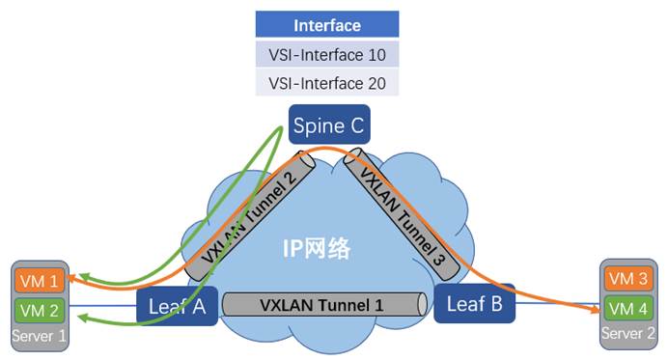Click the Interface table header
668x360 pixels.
326,25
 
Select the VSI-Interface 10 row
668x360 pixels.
326,54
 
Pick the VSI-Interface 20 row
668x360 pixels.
326,83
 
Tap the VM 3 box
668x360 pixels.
626,278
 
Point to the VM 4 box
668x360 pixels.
626,308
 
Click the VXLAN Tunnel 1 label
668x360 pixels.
321,305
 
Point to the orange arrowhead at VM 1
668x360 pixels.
78,278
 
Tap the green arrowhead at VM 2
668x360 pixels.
78,323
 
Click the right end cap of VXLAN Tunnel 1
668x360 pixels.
423,305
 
